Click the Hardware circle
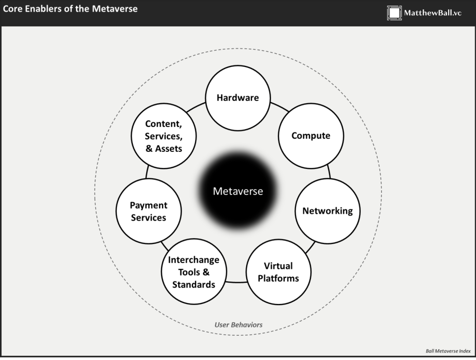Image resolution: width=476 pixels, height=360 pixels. [238, 98]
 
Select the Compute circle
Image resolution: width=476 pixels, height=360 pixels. [311, 136]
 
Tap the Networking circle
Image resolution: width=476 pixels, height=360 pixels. [328, 211]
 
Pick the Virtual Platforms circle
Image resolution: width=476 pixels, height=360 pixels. [278, 272]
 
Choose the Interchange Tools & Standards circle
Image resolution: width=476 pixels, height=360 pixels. [194, 272]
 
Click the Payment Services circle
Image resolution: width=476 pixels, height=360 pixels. [148, 211]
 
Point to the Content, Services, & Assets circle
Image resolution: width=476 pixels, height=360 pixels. [164, 136]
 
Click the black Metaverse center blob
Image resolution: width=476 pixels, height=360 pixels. [238, 190]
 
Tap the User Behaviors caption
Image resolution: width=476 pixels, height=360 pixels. [238, 325]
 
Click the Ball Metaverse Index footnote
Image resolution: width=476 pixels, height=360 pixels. [448, 351]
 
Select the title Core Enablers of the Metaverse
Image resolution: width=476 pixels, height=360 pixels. [70, 8]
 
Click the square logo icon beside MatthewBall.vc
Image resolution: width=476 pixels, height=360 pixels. [394, 13]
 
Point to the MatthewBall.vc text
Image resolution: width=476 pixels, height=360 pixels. [433, 13]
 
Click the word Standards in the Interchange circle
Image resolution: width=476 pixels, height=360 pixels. [194, 285]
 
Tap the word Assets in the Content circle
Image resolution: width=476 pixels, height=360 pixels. [169, 148]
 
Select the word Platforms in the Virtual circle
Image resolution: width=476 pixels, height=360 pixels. [278, 278]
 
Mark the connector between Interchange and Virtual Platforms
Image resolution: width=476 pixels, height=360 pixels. [236, 282]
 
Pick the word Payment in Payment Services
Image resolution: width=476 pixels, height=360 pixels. [148, 206]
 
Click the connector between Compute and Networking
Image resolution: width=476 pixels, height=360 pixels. [329, 172]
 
